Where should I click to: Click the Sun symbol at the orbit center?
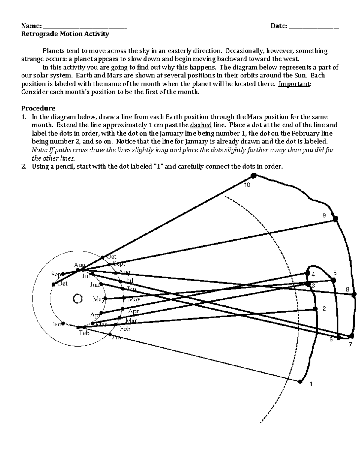point(78,299)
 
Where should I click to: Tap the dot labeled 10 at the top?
point(254,176)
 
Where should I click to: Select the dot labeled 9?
point(335,219)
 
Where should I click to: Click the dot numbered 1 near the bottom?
point(300,381)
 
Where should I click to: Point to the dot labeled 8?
point(354,294)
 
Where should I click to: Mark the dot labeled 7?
point(350,336)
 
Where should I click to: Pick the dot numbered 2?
point(315,309)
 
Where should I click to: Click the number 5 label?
point(335,273)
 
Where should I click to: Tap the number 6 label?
point(331,340)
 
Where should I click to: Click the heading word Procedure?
point(38,108)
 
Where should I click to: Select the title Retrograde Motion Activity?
point(65,34)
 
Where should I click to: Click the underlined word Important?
point(294,84)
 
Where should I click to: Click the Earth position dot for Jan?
point(63,323)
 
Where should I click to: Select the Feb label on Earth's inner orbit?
point(84,333)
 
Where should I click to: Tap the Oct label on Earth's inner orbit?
point(62,284)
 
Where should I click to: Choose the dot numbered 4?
point(307,273)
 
